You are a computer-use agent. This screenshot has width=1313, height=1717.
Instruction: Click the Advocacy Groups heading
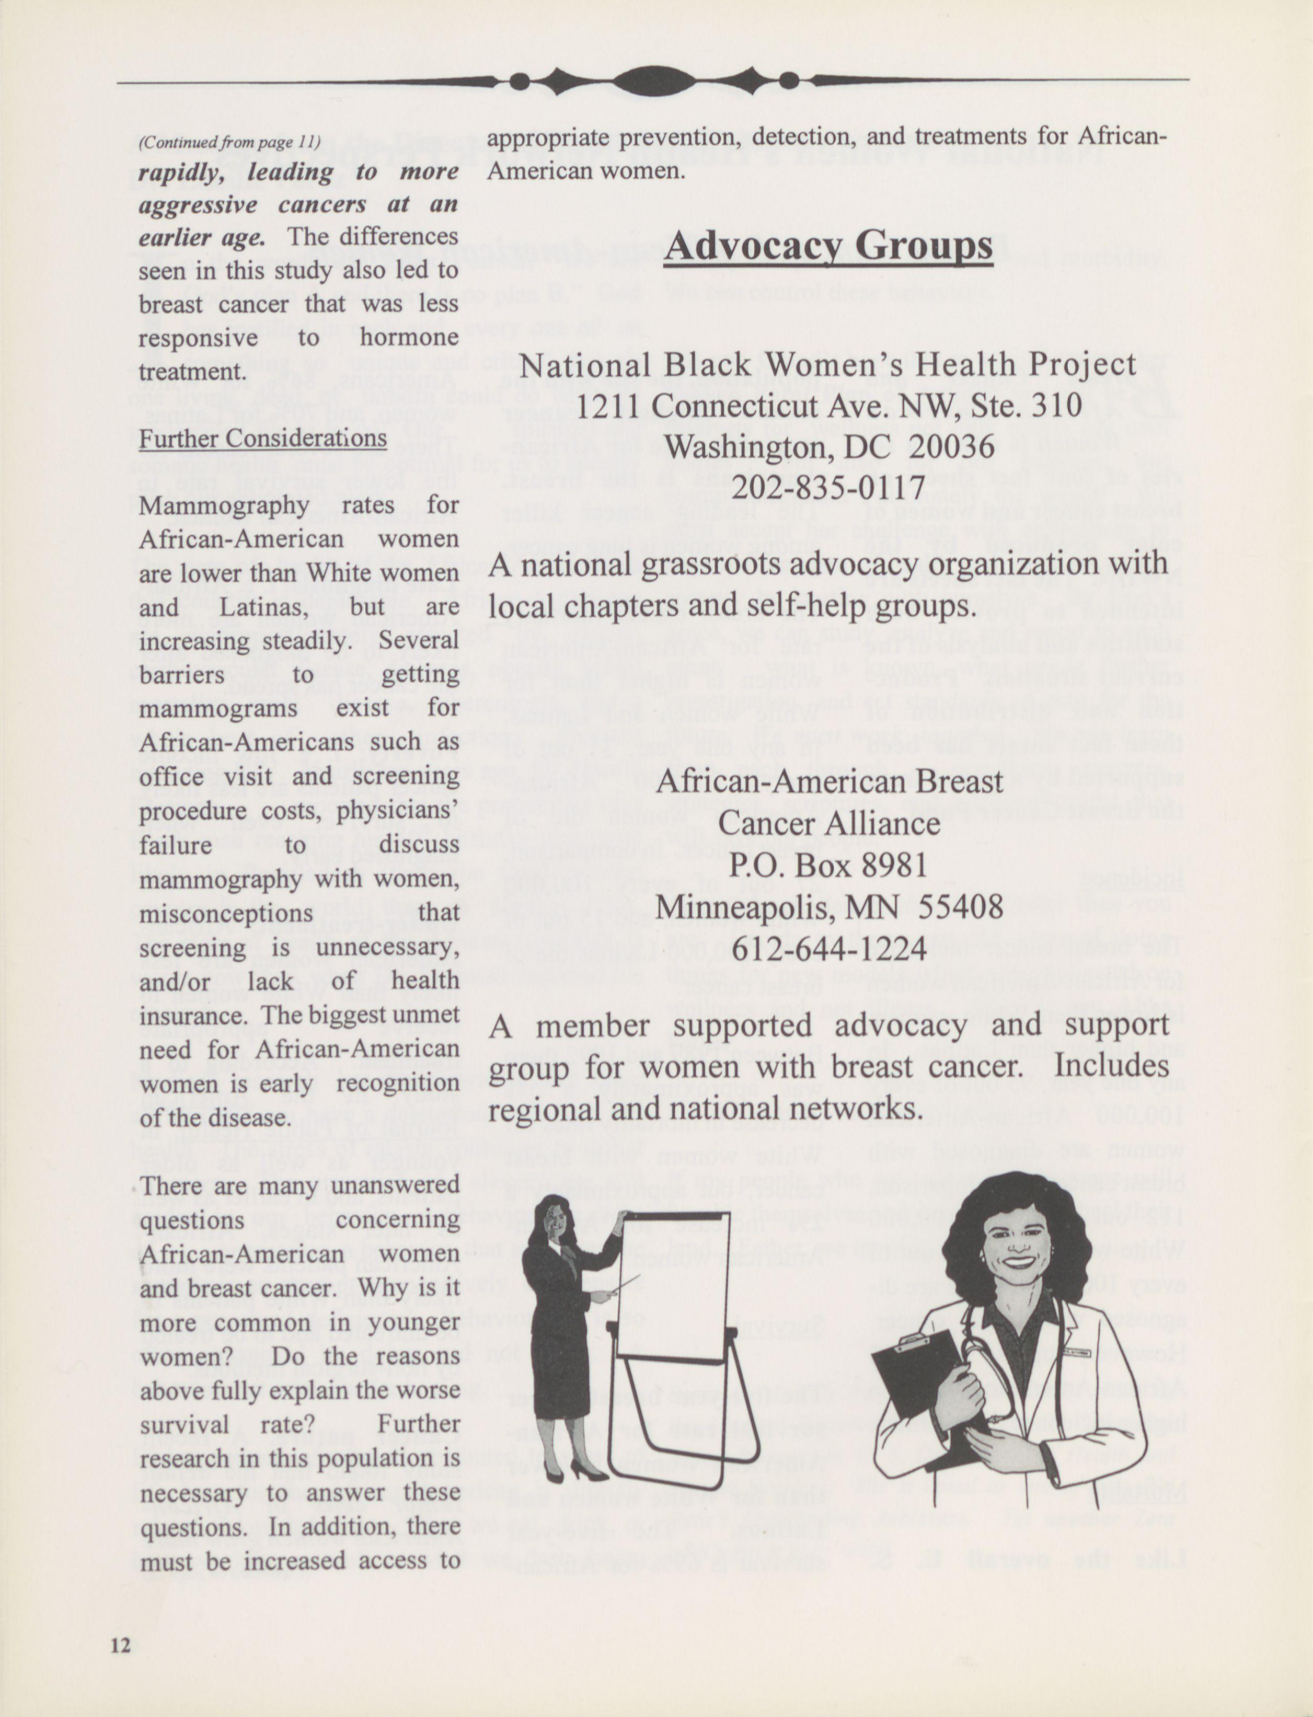[x=828, y=246]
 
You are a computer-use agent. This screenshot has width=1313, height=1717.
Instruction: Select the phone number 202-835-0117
[x=828, y=489]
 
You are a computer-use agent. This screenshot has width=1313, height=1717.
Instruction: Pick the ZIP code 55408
[x=961, y=906]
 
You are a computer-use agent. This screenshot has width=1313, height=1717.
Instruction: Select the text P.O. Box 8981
[x=828, y=865]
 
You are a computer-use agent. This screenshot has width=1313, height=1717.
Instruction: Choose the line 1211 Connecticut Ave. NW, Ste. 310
[x=828, y=406]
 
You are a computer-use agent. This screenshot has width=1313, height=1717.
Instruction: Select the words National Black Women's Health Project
[x=828, y=364]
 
